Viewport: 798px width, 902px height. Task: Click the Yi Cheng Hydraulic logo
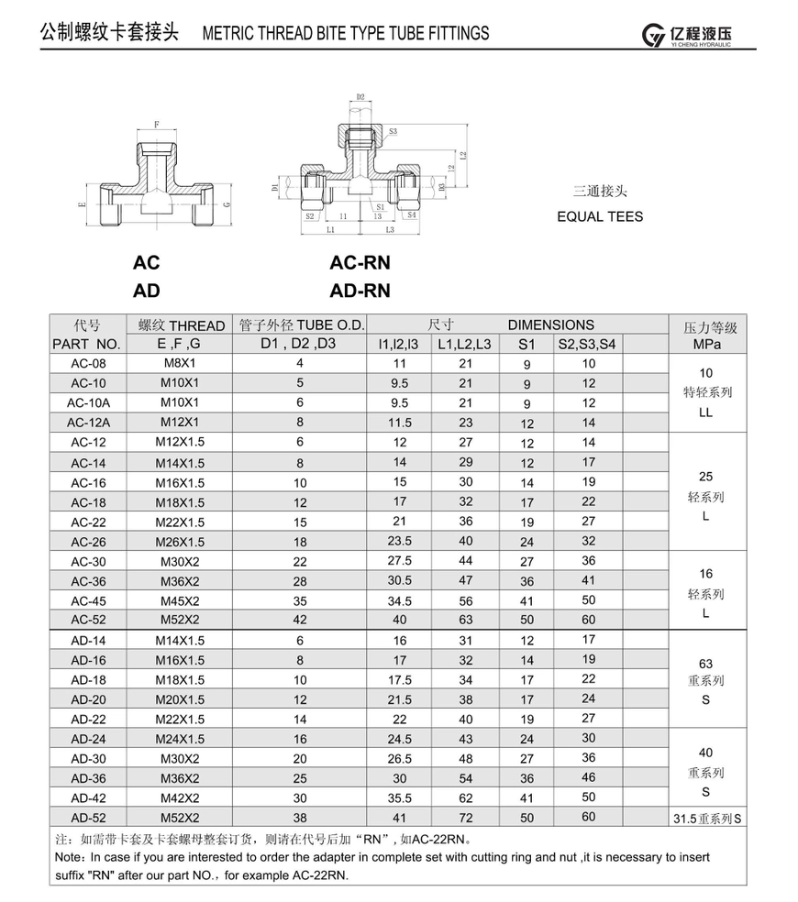click(x=686, y=35)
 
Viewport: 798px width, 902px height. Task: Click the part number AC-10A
click(x=88, y=402)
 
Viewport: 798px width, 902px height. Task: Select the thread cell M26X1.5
click(x=180, y=542)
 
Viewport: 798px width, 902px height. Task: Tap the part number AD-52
click(x=88, y=818)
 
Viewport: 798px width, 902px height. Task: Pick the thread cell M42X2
click(x=180, y=797)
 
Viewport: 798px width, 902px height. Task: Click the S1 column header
click(x=526, y=344)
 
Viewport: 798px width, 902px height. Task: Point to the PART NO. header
click(x=86, y=344)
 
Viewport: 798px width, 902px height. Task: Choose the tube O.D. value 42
click(x=300, y=620)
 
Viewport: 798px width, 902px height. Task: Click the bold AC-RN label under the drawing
click(x=360, y=262)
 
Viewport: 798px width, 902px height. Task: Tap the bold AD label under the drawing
click(x=146, y=291)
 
